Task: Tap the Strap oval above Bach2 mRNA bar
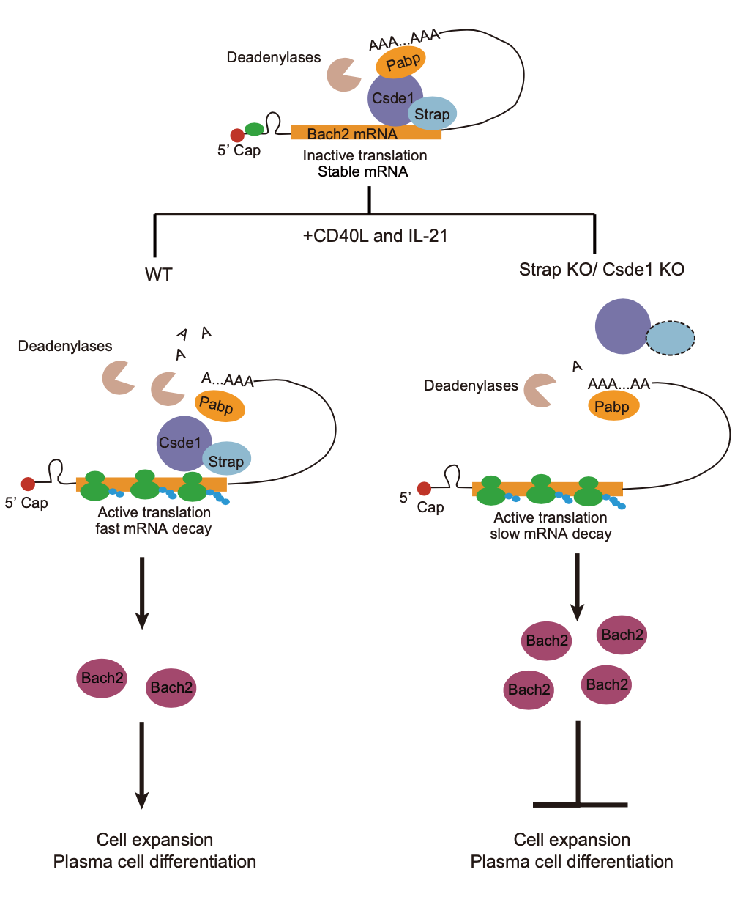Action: (x=431, y=114)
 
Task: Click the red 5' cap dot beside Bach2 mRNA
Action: (x=237, y=135)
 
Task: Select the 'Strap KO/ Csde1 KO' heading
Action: (x=602, y=269)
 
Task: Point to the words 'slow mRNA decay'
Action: (x=550, y=534)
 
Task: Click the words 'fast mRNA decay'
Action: (x=153, y=528)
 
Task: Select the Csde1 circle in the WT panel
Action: (x=184, y=443)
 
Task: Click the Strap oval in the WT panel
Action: (x=225, y=460)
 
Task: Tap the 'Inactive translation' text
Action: (x=365, y=155)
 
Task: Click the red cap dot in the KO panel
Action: (x=424, y=488)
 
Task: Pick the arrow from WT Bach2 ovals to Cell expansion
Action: (x=142, y=766)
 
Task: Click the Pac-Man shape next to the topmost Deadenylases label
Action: (x=342, y=73)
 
